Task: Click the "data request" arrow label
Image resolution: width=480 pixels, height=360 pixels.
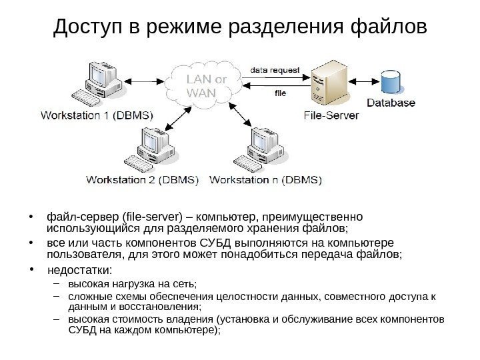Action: pyautogui.click(x=275, y=69)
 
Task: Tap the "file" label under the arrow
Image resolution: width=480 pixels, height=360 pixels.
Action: pyautogui.click(x=281, y=94)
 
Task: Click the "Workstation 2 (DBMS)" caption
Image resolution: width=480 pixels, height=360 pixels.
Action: pyautogui.click(x=143, y=179)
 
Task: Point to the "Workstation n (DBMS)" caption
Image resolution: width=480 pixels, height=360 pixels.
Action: pyautogui.click(x=266, y=179)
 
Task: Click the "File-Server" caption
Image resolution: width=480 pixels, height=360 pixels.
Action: pyautogui.click(x=331, y=115)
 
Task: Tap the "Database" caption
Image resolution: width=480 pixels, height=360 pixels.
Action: pyautogui.click(x=391, y=103)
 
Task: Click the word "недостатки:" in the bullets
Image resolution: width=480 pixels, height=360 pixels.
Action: pyautogui.click(x=80, y=270)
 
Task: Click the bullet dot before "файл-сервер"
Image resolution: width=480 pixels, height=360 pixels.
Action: pyautogui.click(x=31, y=217)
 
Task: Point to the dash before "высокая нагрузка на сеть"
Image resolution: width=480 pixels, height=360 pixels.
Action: pyautogui.click(x=57, y=285)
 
